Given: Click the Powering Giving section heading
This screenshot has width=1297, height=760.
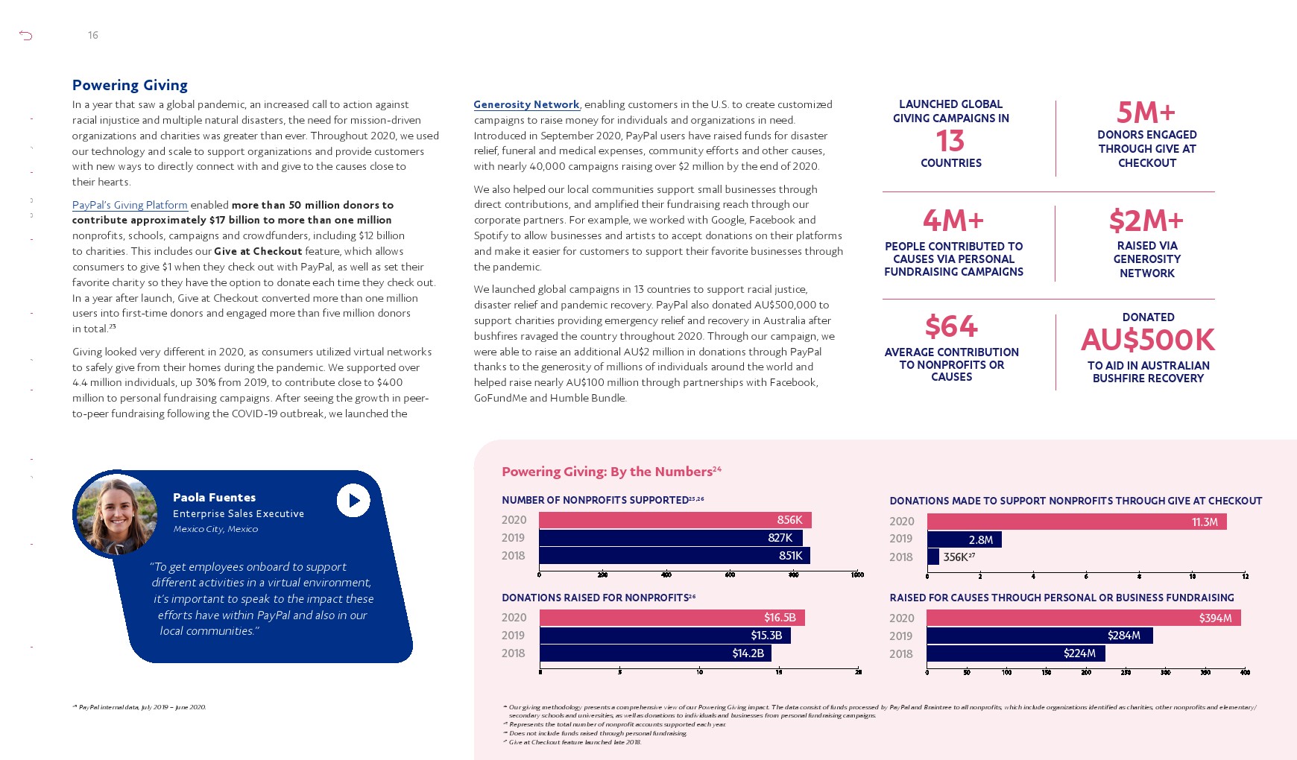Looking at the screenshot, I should [x=130, y=85].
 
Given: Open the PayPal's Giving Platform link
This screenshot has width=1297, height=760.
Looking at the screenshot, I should [x=130, y=205].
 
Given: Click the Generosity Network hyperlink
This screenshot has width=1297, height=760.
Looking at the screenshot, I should [x=526, y=105].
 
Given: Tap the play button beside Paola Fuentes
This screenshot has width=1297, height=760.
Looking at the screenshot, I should [x=353, y=501].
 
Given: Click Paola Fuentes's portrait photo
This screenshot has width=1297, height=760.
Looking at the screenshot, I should [x=117, y=514].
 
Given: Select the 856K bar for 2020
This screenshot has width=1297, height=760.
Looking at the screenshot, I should [x=675, y=520].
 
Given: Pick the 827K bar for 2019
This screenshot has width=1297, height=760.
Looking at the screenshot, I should [x=670, y=538].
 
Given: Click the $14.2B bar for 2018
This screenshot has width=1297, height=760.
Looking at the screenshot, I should [x=655, y=653].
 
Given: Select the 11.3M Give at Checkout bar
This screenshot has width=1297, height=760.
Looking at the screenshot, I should [x=1076, y=522].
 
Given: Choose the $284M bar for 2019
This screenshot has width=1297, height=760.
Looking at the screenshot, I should [x=1039, y=636].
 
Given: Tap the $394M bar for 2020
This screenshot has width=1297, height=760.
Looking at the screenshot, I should [x=1083, y=618].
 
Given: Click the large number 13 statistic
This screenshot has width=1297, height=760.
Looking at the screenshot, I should [x=950, y=141].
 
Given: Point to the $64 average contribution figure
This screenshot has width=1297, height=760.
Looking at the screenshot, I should [x=951, y=326].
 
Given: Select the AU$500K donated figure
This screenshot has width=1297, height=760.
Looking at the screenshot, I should [x=1148, y=340].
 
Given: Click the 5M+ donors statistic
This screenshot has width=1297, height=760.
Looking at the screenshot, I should [x=1146, y=113].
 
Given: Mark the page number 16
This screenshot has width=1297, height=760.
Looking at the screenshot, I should [x=93, y=35].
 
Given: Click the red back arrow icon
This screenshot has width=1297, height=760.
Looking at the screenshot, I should [x=26, y=35].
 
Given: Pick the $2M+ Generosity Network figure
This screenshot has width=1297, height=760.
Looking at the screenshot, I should [x=1146, y=221].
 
